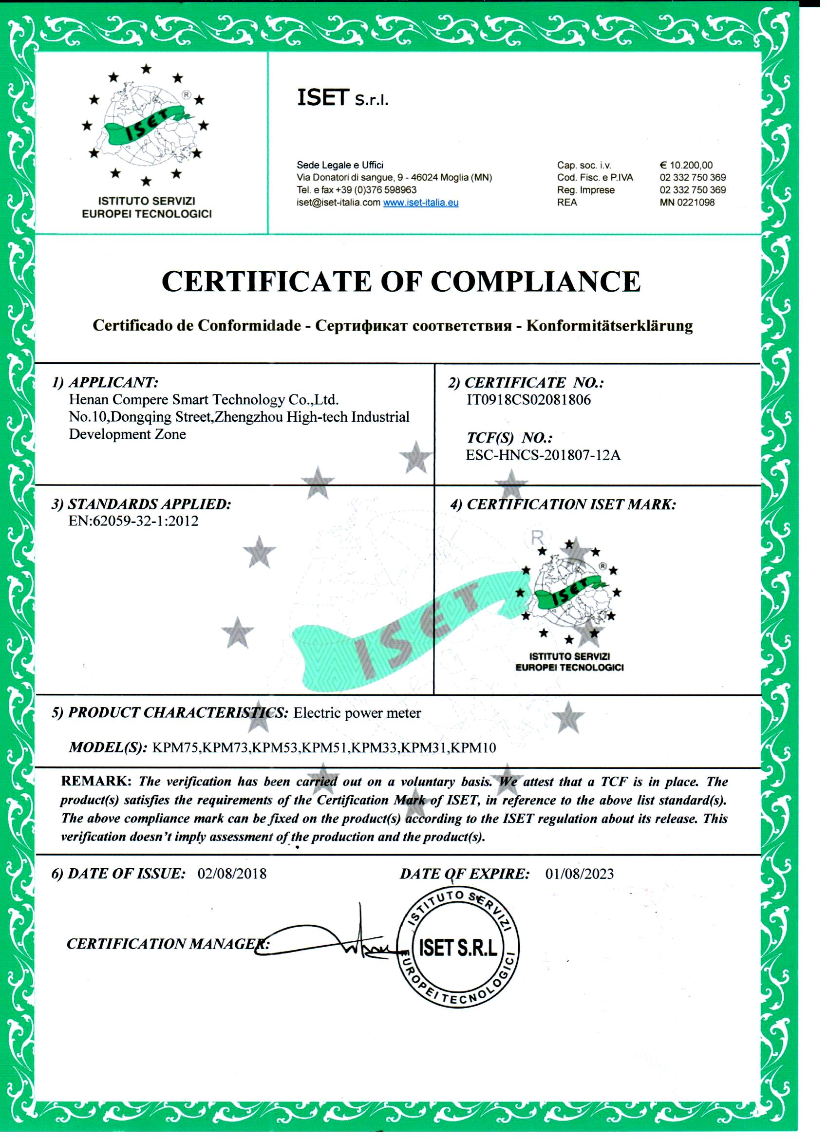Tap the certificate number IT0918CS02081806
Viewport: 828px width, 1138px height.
528,400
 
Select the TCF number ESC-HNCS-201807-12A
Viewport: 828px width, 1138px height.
543,455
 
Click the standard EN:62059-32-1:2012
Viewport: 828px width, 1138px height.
133,521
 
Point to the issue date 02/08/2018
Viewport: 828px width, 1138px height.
232,874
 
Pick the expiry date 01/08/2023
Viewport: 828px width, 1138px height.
579,874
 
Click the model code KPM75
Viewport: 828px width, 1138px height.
175,748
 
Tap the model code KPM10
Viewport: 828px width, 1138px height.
473,748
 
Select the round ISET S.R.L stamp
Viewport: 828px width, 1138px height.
458,948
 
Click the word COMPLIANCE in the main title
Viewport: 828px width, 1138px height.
535,281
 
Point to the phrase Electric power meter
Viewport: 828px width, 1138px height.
357,713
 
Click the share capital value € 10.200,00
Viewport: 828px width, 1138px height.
686,165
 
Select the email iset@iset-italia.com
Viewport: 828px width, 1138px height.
338,203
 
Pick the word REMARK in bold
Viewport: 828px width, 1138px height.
96,781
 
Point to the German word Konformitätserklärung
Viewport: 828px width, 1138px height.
609,326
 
